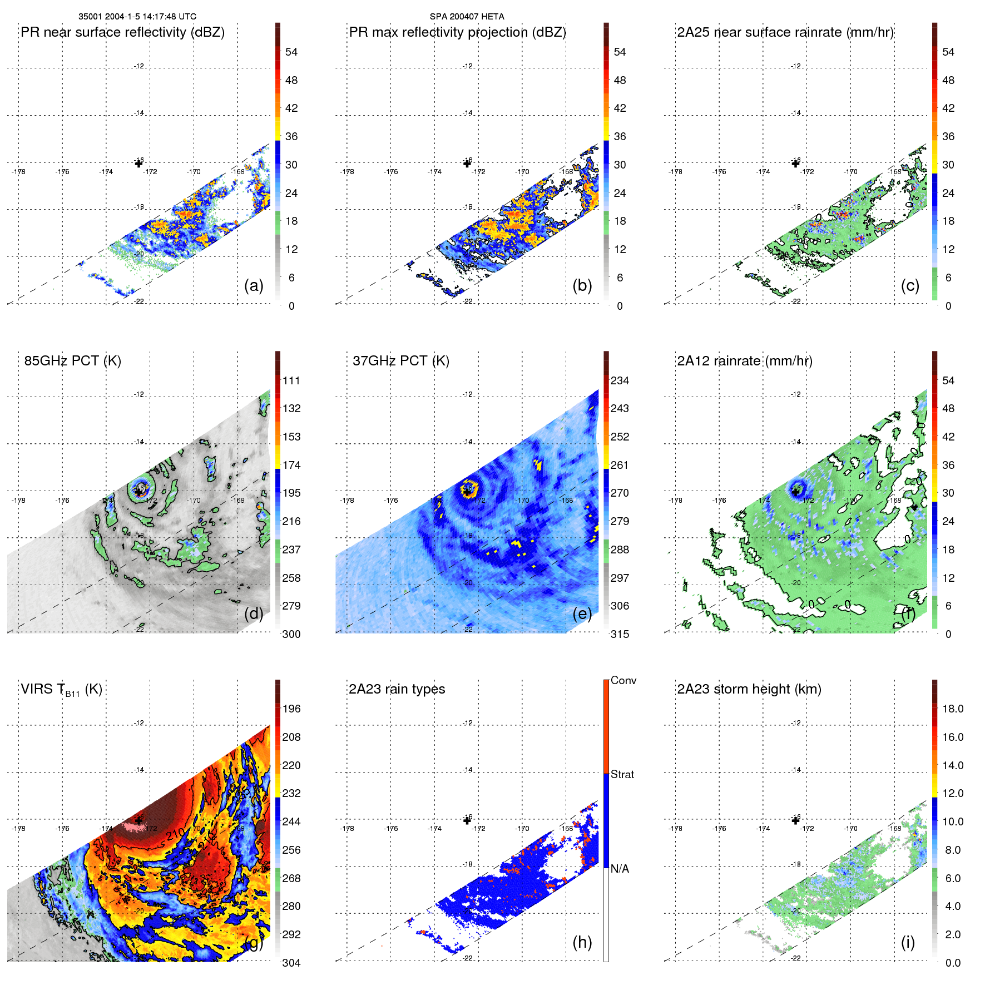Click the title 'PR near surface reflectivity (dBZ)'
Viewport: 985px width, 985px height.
(122, 32)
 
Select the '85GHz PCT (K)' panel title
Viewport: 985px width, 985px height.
(72, 361)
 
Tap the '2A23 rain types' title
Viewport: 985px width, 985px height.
(397, 689)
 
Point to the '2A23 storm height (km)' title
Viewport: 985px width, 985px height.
(749, 689)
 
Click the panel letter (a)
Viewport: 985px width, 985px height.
(254, 286)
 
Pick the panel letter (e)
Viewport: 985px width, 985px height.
(582, 614)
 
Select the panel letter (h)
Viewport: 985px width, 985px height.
(582, 942)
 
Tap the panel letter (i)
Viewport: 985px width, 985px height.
(908, 942)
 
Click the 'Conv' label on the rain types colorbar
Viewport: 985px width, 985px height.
(623, 681)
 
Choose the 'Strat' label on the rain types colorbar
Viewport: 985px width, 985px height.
(622, 775)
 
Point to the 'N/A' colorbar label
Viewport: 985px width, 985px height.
(620, 869)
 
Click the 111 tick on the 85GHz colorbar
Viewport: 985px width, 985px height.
(291, 381)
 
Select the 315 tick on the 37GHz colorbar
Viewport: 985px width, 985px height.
(620, 634)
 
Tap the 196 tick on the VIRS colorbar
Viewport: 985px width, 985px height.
(291, 709)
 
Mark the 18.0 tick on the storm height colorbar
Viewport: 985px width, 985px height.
(952, 709)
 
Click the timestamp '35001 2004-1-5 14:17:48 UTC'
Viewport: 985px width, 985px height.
(137, 17)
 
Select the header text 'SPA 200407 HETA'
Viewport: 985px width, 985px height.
(467, 17)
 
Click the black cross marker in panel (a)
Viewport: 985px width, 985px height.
(138, 164)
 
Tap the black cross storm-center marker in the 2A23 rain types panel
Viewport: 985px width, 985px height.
(467, 820)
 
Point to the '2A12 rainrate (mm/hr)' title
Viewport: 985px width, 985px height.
(744, 361)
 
